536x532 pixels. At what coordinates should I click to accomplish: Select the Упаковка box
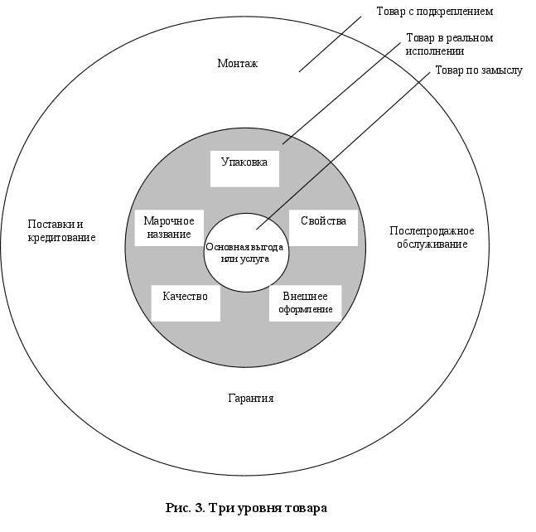tap(244, 167)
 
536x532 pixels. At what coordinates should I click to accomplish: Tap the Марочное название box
tap(169, 227)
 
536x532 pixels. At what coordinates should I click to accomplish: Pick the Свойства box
tap(323, 227)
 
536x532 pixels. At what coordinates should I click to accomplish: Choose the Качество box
tap(186, 302)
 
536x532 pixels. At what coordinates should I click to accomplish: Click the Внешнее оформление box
tap(305, 303)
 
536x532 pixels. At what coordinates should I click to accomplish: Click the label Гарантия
tap(250, 399)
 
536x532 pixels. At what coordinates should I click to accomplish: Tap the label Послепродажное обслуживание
tap(431, 237)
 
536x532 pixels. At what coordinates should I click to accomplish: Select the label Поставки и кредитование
tap(62, 230)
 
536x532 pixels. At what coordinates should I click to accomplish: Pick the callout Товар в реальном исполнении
tap(448, 44)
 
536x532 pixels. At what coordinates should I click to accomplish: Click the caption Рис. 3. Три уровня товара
tap(246, 507)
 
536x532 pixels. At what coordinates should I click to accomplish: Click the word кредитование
tap(62, 238)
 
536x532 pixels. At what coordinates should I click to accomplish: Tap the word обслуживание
tap(431, 244)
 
